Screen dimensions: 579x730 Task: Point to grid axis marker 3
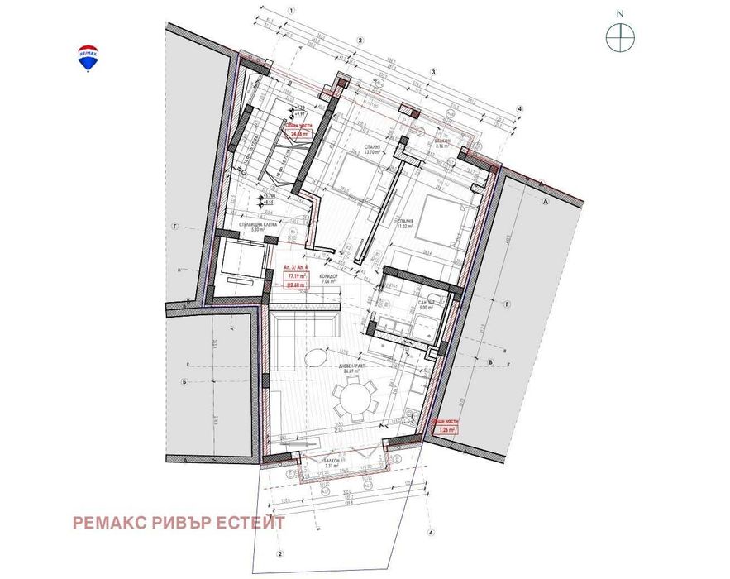pyautogui.click(x=432, y=72)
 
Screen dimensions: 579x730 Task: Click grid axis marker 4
pyautogui.click(x=519, y=108)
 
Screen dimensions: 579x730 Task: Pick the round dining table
pyautogui.click(x=353, y=402)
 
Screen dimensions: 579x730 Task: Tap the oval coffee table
pyautogui.click(x=315, y=358)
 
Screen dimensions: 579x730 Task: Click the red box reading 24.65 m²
pyautogui.click(x=298, y=130)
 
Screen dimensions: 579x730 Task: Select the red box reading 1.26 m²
pyautogui.click(x=444, y=425)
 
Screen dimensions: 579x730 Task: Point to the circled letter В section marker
pyautogui.click(x=491, y=362)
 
